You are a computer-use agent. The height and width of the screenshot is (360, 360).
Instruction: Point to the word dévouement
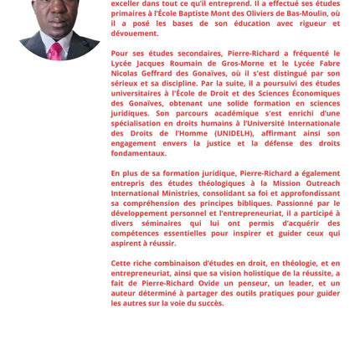(x=135, y=33)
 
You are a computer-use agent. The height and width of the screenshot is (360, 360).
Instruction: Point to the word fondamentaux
(x=139, y=154)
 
